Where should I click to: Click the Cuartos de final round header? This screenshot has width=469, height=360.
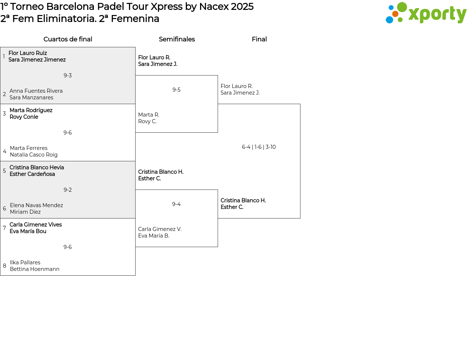tap(68, 39)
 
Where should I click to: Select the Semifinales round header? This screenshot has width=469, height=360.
tap(177, 39)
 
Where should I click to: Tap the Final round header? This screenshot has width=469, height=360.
tap(259, 39)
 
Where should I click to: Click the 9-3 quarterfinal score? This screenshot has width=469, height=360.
tap(67, 76)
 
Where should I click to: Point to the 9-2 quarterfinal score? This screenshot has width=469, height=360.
tap(67, 190)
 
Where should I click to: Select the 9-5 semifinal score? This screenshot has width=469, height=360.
tap(176, 89)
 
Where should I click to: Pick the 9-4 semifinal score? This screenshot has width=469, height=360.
tap(176, 204)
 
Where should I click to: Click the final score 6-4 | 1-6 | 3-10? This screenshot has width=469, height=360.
tap(259, 147)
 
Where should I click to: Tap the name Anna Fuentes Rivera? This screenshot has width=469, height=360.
tap(36, 91)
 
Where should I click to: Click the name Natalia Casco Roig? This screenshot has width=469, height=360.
tap(34, 155)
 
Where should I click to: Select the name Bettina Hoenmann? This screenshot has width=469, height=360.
tap(34, 269)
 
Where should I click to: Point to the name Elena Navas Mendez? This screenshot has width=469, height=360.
tap(37, 205)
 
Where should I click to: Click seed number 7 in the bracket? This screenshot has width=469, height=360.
tap(4, 228)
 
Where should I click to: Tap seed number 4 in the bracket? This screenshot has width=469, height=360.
tap(4, 151)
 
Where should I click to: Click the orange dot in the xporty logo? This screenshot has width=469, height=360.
tap(395, 14)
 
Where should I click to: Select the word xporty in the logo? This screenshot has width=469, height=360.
tap(437, 14)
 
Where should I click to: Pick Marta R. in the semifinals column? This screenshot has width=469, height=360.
tap(149, 115)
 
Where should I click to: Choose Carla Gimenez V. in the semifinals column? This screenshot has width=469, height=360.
tap(160, 229)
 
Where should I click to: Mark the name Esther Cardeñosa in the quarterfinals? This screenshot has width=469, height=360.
tap(32, 174)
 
